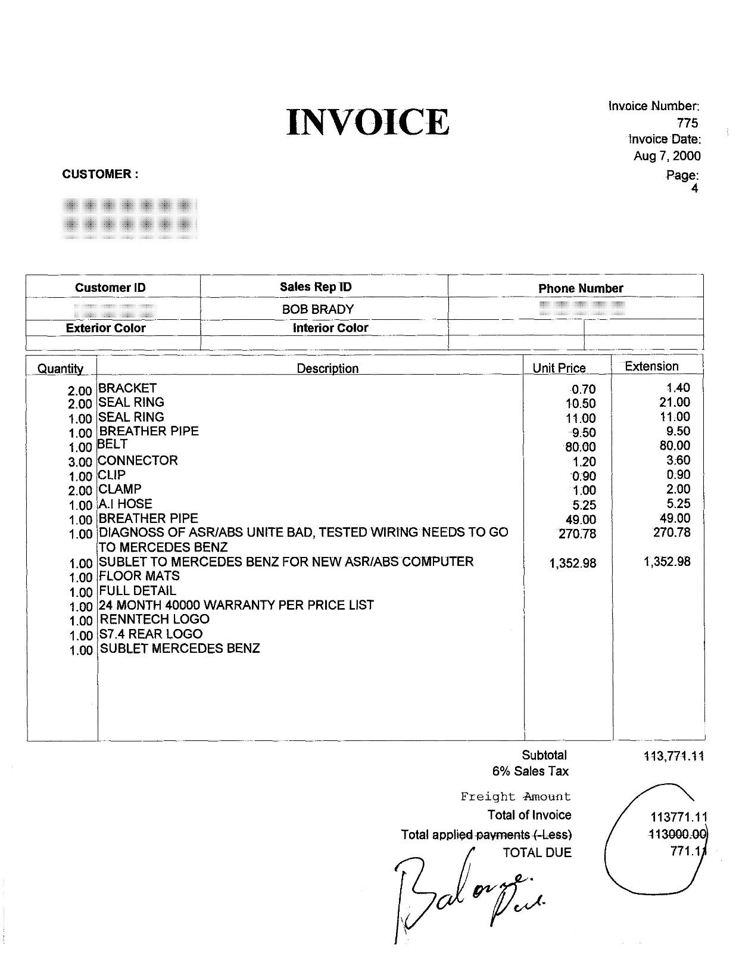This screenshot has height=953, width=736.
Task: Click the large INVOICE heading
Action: tap(367, 122)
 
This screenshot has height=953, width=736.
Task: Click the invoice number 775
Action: tap(687, 123)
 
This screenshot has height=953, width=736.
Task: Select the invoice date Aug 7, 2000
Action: tap(667, 156)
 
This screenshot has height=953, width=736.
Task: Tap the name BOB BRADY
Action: tap(318, 309)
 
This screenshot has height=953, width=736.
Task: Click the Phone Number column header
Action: tap(581, 288)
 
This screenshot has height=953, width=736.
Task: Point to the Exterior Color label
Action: tap(106, 328)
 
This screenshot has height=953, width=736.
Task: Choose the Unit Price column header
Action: tap(559, 368)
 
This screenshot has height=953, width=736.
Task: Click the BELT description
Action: tap(112, 444)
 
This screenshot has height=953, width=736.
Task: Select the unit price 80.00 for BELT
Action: tap(580, 447)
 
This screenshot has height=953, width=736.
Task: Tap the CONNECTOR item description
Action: tap(138, 460)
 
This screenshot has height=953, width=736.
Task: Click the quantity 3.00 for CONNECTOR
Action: tap(80, 462)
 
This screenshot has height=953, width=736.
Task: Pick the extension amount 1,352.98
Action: tap(667, 562)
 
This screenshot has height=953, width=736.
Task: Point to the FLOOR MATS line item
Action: tap(139, 576)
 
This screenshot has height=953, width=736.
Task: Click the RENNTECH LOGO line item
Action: tap(154, 619)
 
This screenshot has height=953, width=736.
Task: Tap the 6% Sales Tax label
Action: tap(530, 771)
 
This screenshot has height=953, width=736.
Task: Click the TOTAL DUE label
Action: tap(537, 853)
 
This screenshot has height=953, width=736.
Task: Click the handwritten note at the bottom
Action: tap(464, 890)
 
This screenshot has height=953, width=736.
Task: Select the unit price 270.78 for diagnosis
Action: tap(577, 534)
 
